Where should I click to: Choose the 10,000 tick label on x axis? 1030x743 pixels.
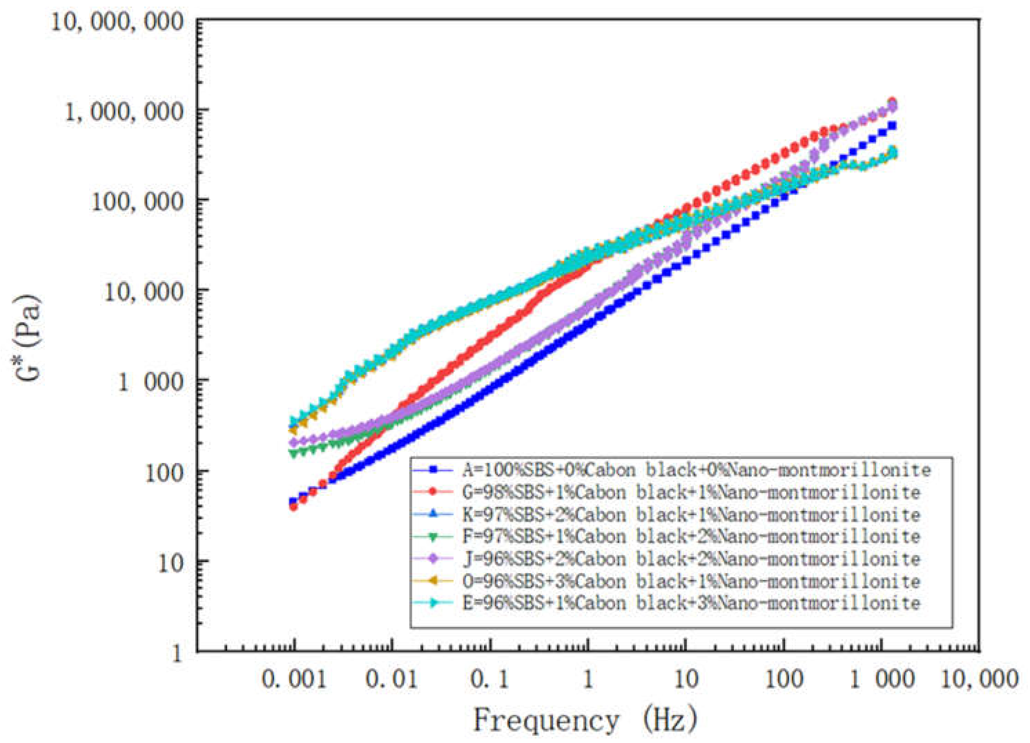coord(978,680)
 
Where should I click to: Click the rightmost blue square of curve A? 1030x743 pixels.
coord(892,126)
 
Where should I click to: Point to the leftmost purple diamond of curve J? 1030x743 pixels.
coord(294,442)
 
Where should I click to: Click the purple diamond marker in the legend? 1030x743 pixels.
coord(433,559)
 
